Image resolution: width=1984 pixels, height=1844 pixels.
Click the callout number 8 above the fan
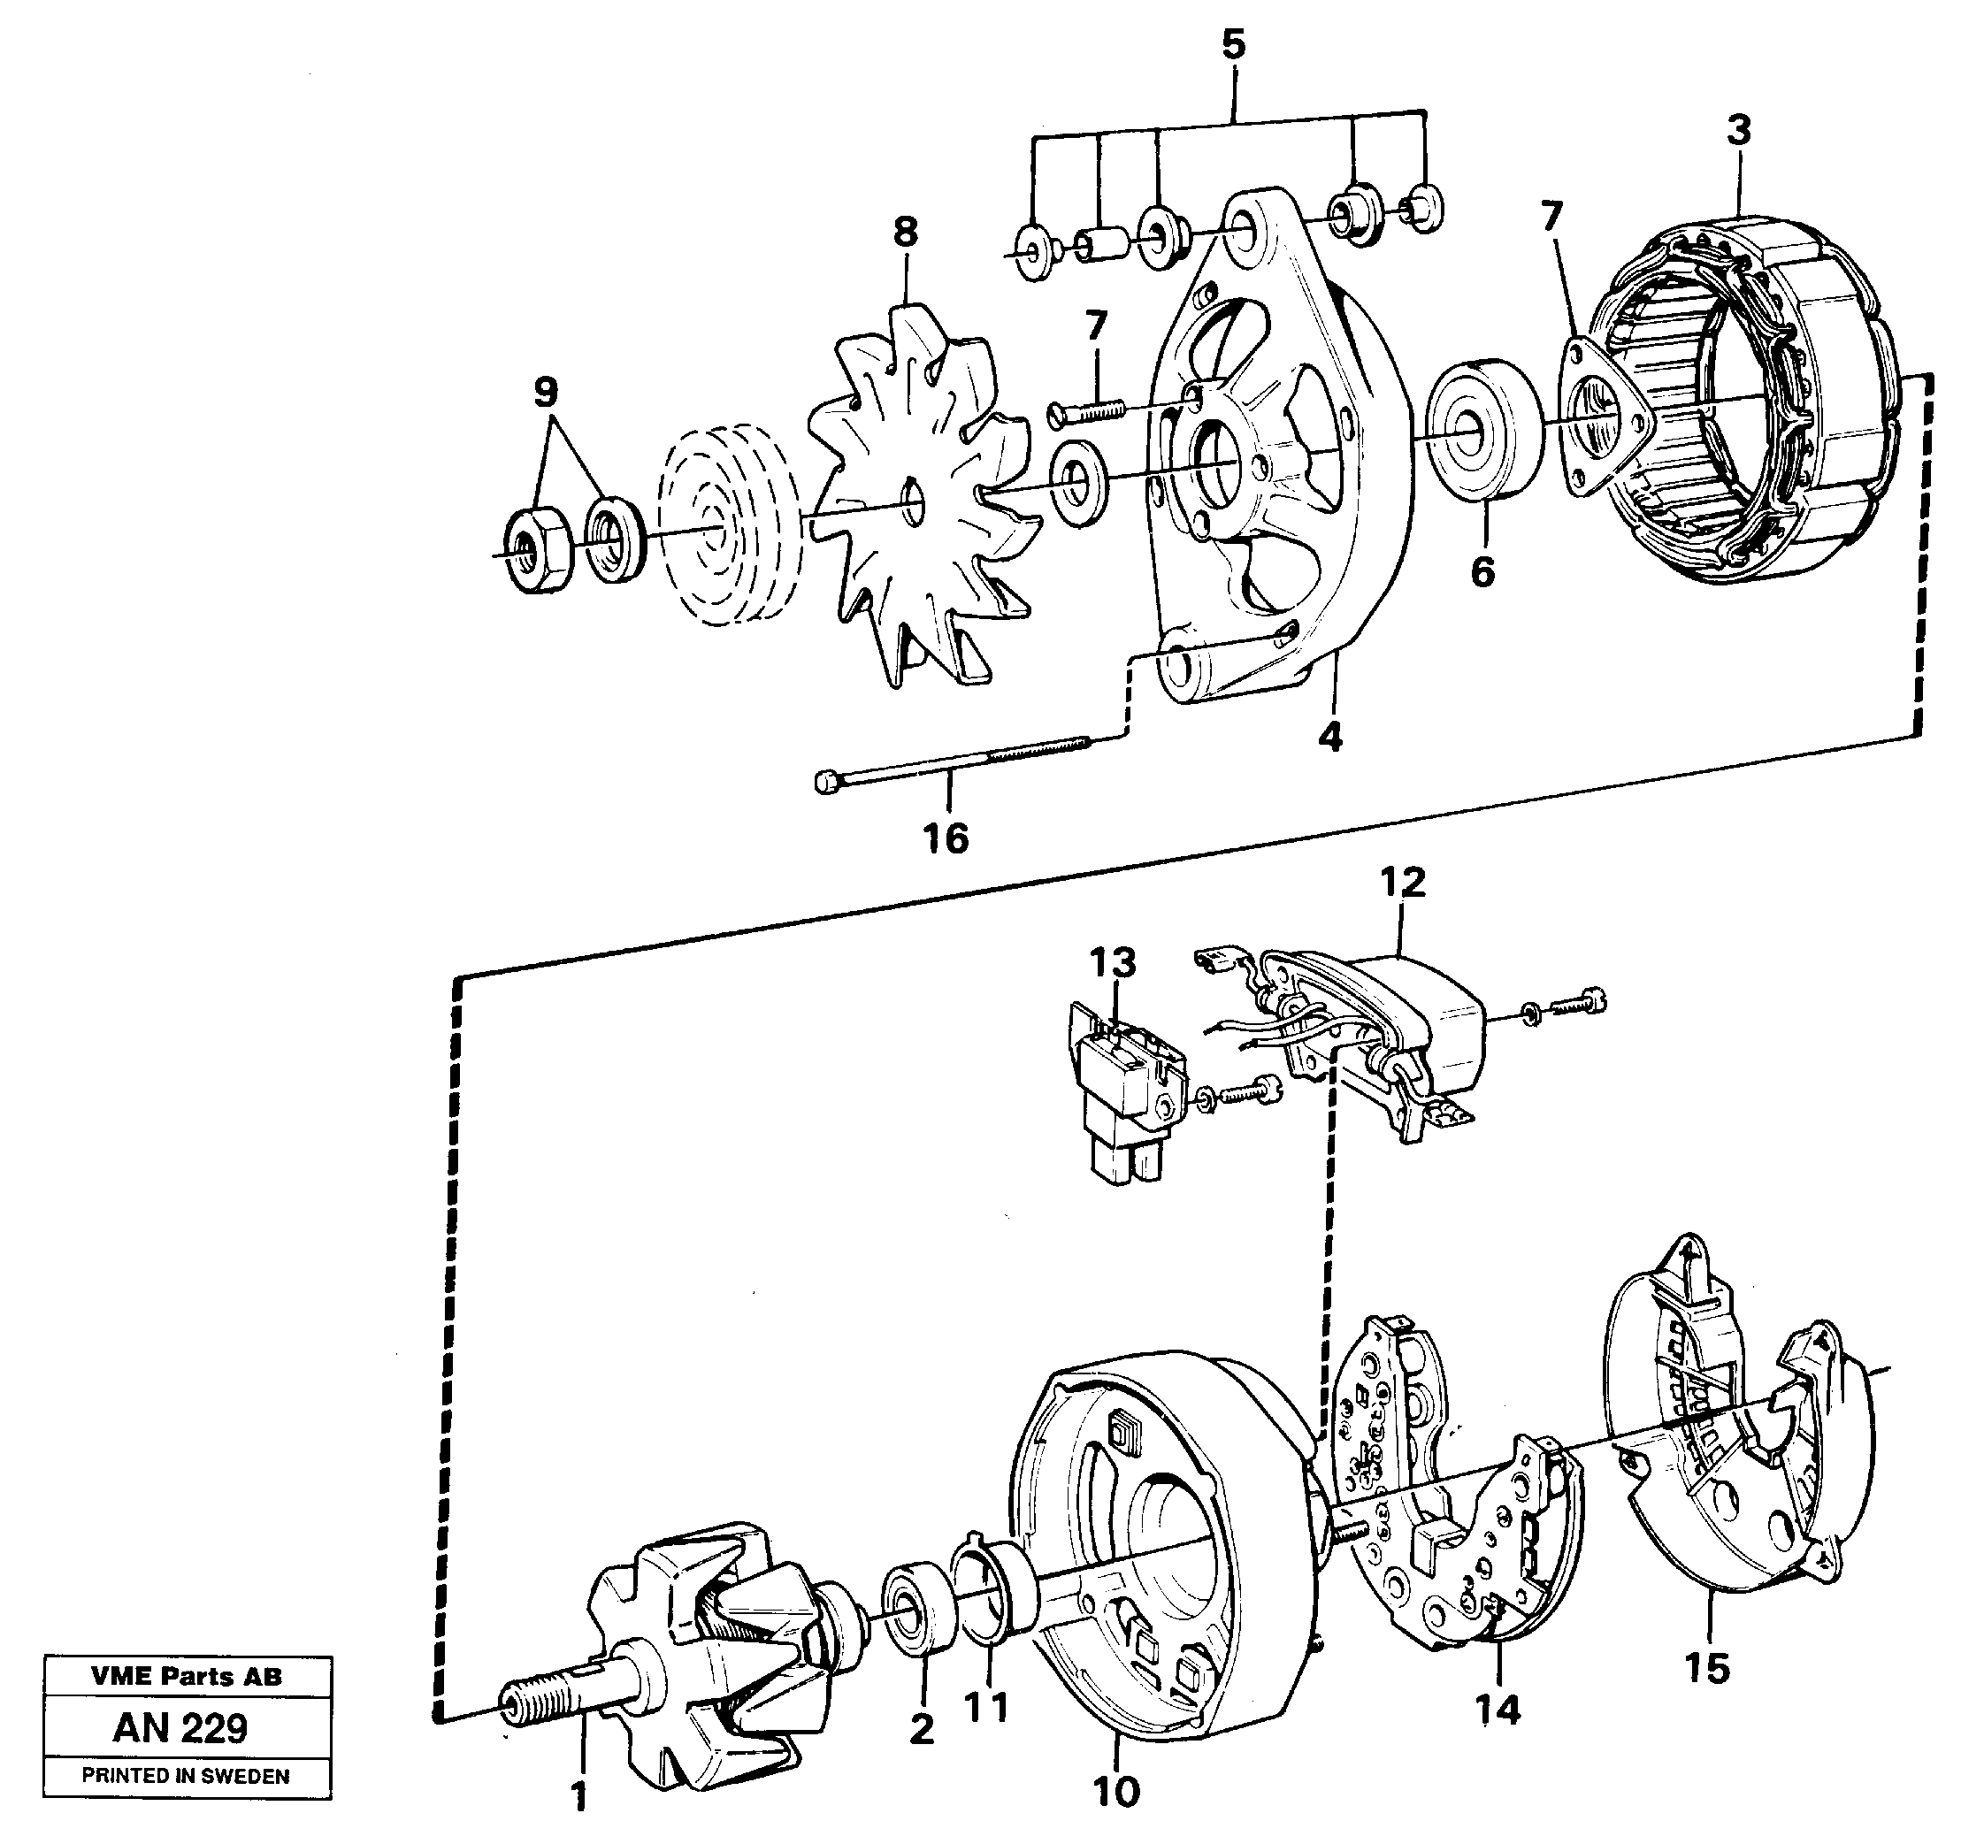904,233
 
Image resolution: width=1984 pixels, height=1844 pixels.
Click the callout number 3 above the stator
1738,131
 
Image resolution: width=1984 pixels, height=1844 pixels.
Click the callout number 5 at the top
1234,45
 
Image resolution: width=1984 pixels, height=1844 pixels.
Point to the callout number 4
1329,737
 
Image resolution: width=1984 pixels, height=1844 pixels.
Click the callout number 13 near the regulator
1112,963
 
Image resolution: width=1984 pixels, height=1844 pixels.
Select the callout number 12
1402,882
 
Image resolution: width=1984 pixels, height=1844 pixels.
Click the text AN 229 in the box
180,1727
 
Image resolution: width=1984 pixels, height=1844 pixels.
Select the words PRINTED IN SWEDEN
186,1776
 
